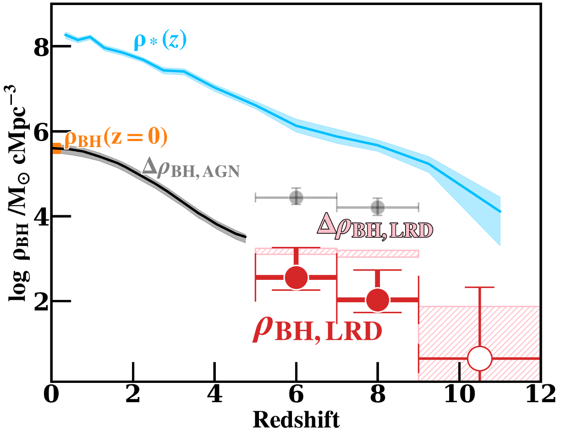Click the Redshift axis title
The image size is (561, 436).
click(297, 419)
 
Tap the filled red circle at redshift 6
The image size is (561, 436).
click(297, 277)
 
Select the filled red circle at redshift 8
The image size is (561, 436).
click(378, 300)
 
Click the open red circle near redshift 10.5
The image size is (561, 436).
click(479, 359)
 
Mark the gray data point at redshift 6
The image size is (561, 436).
click(297, 197)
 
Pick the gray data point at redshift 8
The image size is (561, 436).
click(378, 207)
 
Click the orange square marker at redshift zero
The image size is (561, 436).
click(56, 148)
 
